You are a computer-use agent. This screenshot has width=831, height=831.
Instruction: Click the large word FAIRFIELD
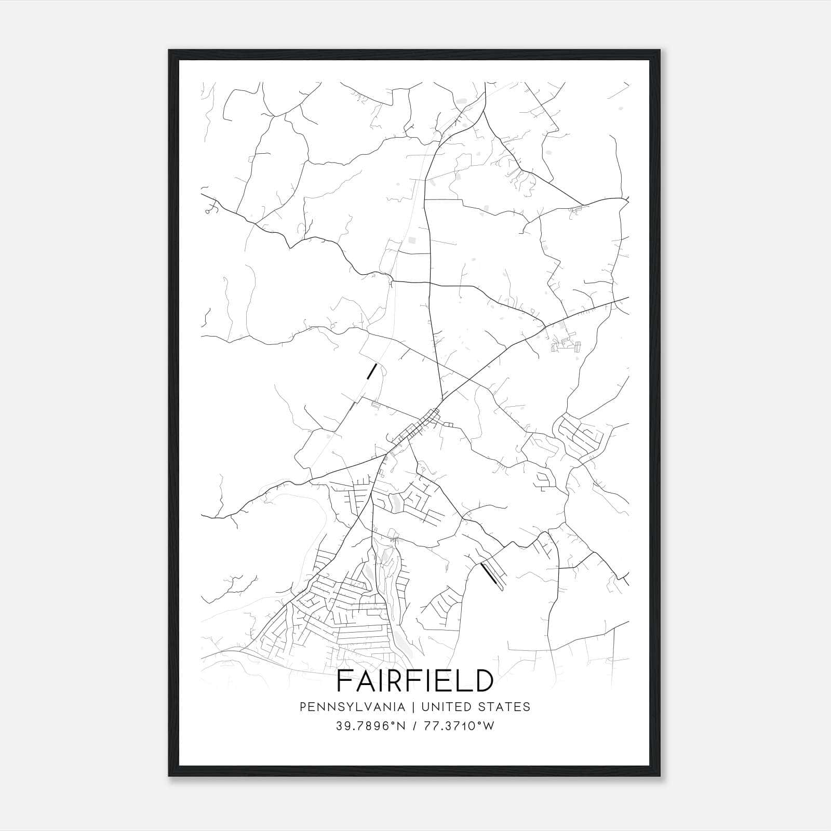[x=415, y=680]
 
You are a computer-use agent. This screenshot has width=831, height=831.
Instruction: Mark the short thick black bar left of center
[x=371, y=371]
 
